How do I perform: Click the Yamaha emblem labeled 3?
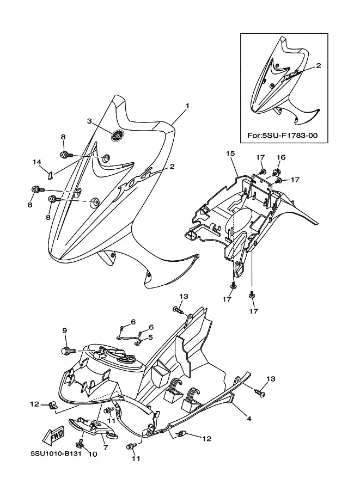click(117, 136)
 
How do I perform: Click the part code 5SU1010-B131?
click(56, 453)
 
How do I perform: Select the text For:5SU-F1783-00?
click(282, 136)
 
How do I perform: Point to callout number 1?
click(187, 106)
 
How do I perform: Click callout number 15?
click(230, 154)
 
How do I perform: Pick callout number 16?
click(281, 157)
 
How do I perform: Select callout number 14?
click(37, 162)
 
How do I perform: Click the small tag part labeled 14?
click(50, 175)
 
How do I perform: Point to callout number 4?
click(249, 419)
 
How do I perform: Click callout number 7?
click(106, 447)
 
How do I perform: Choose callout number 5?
click(150, 338)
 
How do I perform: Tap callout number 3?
click(89, 121)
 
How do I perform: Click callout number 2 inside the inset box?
click(319, 66)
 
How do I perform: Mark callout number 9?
click(64, 330)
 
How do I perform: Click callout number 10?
click(92, 454)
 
